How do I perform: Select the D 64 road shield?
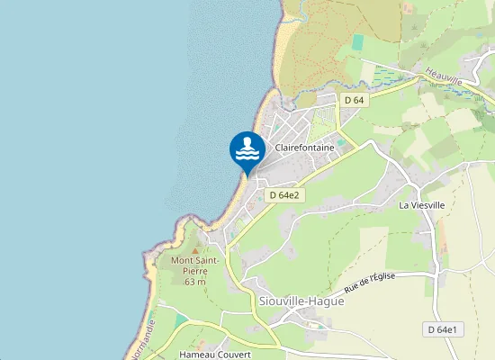[353, 100]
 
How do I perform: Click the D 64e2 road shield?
[284, 194]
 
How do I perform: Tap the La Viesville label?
[423, 205]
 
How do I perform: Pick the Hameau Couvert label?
[214, 354]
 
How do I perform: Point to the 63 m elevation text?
[195, 282]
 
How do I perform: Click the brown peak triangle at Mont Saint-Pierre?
[195, 247]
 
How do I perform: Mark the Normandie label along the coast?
[145, 337]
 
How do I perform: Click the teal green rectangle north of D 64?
[358, 42]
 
